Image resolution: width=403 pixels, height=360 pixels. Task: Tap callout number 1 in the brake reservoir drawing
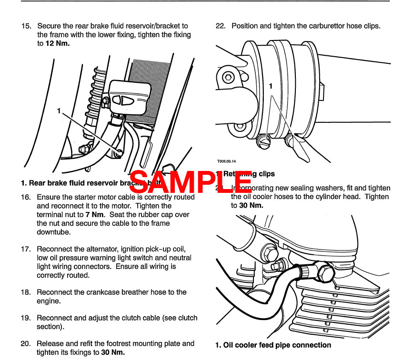(59, 110)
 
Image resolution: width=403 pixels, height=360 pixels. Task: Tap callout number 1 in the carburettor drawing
(271, 87)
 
